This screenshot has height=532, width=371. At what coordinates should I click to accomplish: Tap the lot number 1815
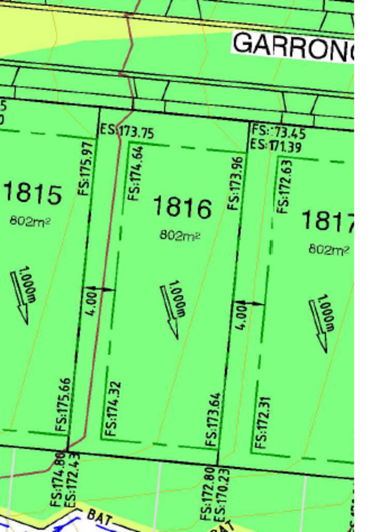(x=33, y=193)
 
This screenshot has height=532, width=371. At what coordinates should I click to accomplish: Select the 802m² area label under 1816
(x=180, y=235)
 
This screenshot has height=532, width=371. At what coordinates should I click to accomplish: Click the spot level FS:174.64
(x=136, y=173)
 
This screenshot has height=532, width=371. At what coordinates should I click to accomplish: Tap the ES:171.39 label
(x=276, y=145)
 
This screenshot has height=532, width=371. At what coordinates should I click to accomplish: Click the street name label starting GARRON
(x=293, y=46)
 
